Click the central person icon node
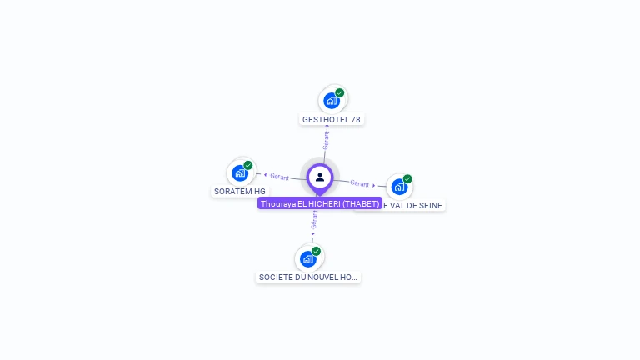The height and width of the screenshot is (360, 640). click(320, 177)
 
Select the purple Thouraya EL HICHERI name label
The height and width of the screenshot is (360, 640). click(320, 203)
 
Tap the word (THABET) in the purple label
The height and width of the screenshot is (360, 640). click(361, 203)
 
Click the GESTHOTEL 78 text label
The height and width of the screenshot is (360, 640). click(332, 120)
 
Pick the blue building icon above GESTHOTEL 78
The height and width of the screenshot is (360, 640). click(332, 101)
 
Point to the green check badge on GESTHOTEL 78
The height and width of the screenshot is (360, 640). click(340, 93)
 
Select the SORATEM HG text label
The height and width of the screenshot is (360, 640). click(239, 192)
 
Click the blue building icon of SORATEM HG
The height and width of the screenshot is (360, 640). click(240, 173)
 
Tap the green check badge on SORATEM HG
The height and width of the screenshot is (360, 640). click(248, 165)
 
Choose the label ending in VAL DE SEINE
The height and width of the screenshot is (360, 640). click(412, 205)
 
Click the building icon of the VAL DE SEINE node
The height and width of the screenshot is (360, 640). click(399, 187)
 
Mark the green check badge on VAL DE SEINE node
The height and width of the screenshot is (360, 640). click(407, 178)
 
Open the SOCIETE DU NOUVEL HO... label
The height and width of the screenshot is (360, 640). click(309, 277)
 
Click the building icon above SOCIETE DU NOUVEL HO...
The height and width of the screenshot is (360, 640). click(308, 258)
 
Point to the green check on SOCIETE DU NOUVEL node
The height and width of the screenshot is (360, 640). click(317, 251)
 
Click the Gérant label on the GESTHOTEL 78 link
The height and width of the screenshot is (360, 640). click(326, 140)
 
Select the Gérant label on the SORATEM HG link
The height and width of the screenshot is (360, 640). click(279, 177)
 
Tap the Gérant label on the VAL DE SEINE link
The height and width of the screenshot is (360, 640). click(360, 183)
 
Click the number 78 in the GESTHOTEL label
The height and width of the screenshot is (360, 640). click(356, 120)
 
